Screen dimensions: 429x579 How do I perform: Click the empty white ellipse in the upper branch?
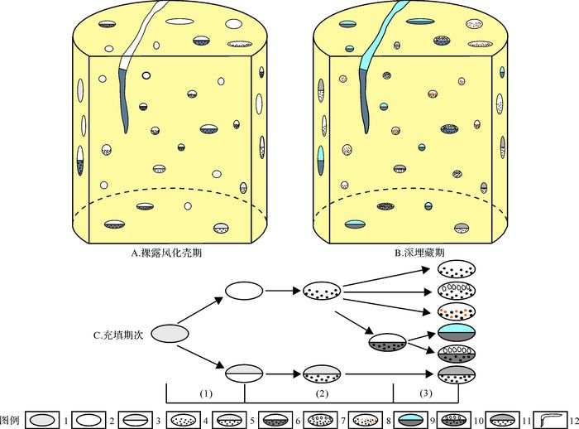coord(244,291)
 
